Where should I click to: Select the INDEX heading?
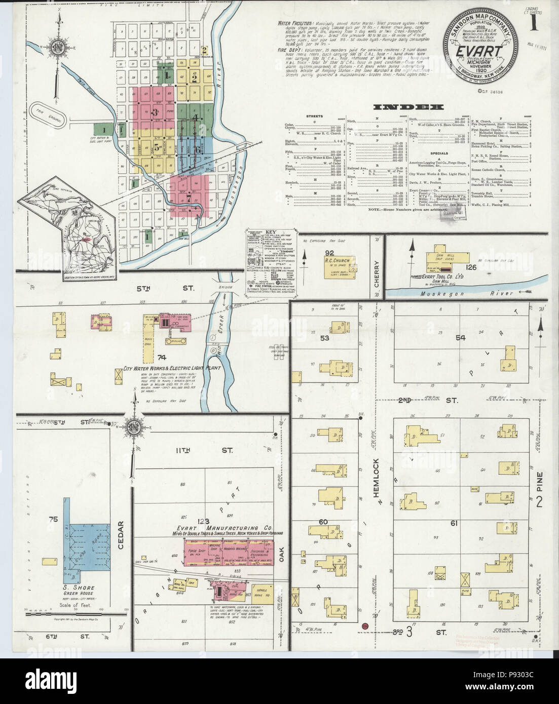tap(408, 107)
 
